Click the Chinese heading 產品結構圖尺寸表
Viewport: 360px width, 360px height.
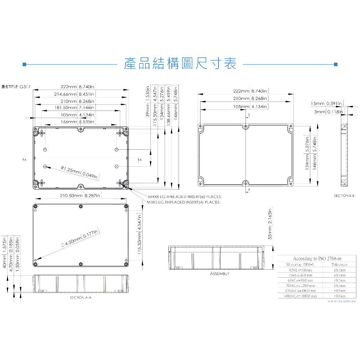180,64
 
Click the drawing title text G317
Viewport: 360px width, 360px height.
25,87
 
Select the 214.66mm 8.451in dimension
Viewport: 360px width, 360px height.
77,94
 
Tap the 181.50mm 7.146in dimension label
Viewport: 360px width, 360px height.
77,108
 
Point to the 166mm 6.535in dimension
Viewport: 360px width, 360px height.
77,122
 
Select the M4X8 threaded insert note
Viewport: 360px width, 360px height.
185,197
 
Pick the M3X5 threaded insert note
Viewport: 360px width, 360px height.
184,202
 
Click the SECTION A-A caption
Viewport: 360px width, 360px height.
81,298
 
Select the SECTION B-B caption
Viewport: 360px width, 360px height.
344,195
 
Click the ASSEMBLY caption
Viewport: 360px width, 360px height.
219,274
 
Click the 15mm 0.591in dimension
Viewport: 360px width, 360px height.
327,104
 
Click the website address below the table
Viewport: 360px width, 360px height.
341,301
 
